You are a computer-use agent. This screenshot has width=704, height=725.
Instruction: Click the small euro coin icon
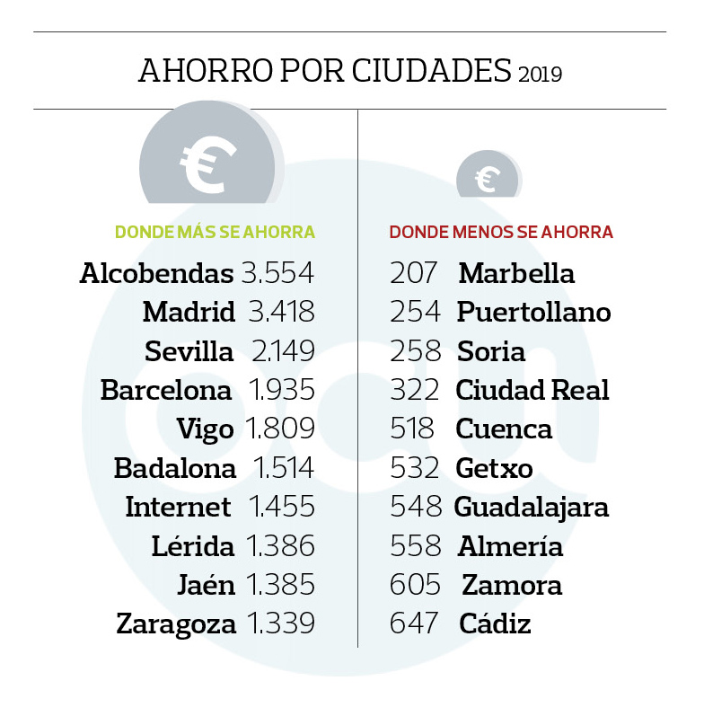487,176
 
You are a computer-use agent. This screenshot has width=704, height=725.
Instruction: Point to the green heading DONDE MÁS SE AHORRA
215,233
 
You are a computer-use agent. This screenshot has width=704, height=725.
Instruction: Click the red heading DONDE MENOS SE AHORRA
501,233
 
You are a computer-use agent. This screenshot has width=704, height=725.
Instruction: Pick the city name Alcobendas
157,273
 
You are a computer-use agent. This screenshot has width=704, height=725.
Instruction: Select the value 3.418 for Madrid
281,313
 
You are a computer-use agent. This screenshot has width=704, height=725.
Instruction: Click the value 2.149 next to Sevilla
281,351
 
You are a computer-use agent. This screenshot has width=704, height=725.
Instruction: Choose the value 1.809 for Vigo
281,429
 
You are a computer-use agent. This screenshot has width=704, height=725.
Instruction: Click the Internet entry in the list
178,507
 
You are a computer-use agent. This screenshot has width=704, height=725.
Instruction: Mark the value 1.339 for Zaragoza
281,623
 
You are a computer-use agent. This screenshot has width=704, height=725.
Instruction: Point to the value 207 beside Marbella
413,273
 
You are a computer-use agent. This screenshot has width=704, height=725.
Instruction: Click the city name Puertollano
533,313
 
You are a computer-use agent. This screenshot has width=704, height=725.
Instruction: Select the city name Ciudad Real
532,391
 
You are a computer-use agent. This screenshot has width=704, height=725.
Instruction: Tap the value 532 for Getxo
415,468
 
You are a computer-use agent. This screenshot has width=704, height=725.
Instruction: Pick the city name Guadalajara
532,507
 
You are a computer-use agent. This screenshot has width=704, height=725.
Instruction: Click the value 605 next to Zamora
415,585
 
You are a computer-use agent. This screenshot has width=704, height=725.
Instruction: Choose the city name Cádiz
495,623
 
